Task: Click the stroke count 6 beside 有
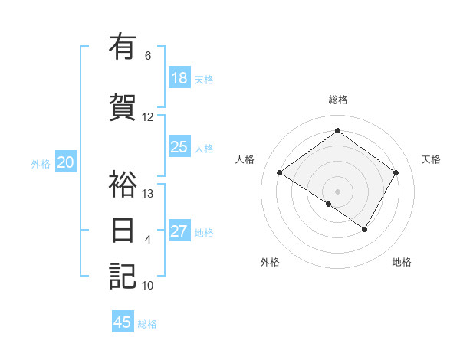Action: tap(148, 56)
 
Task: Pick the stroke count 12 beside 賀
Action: tap(148, 117)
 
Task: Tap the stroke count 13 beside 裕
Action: tap(148, 194)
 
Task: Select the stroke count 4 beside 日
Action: tap(148, 240)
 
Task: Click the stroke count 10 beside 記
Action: tap(148, 286)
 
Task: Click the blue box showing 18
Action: tap(179, 78)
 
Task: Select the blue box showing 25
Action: tap(179, 147)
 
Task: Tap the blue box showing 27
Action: tap(179, 231)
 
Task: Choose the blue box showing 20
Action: tap(66, 162)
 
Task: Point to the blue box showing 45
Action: tap(123, 322)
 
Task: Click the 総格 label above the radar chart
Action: tap(337, 100)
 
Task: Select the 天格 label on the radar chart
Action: tap(431, 159)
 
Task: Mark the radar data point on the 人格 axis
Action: tap(280, 173)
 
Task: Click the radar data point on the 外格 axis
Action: tap(329, 204)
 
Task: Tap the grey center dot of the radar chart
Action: tap(337, 191)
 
